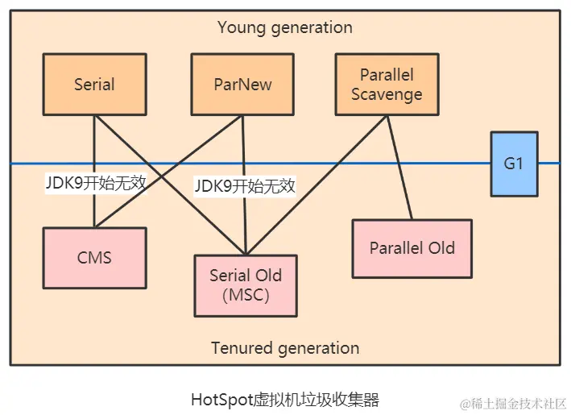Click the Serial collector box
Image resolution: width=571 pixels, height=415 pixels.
94,84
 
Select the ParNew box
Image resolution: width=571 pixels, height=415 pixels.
242,84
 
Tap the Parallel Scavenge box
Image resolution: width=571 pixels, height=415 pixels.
387,84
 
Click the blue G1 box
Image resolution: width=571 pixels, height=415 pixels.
513,164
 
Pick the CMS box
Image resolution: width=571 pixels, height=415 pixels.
94,258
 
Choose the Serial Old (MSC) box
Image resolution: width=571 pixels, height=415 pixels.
245,285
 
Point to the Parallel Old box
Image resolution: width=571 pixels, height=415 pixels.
412,248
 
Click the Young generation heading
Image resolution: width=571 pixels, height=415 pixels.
284,27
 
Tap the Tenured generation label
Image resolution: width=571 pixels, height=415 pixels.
284,348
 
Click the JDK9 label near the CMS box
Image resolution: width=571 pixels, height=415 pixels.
96,183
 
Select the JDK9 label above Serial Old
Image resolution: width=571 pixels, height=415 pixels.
245,187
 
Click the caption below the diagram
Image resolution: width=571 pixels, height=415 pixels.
284,399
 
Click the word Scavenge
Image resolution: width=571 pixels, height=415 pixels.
387,93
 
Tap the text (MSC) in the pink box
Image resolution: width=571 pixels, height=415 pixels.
245,295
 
